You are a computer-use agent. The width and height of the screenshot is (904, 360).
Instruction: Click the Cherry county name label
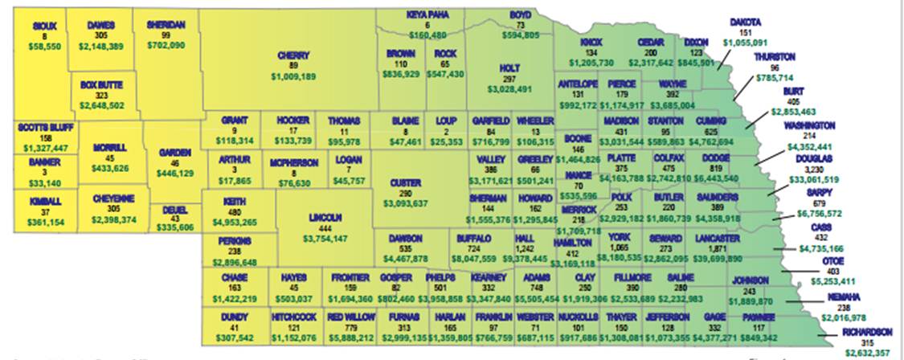tap(293, 55)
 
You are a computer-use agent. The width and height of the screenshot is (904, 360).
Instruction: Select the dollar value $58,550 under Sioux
tap(45, 47)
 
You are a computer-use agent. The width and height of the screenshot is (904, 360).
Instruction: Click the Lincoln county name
tap(325, 217)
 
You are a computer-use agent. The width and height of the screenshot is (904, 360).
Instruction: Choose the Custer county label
tap(405, 182)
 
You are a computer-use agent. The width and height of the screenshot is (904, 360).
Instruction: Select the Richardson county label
tap(867, 332)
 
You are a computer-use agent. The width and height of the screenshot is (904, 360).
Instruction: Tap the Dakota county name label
tap(745, 22)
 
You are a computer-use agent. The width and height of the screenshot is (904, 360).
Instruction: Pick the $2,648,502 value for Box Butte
tap(102, 104)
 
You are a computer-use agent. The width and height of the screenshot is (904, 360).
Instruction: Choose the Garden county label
tap(174, 152)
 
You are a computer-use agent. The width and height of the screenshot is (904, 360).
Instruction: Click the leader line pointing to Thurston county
tap(741, 88)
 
